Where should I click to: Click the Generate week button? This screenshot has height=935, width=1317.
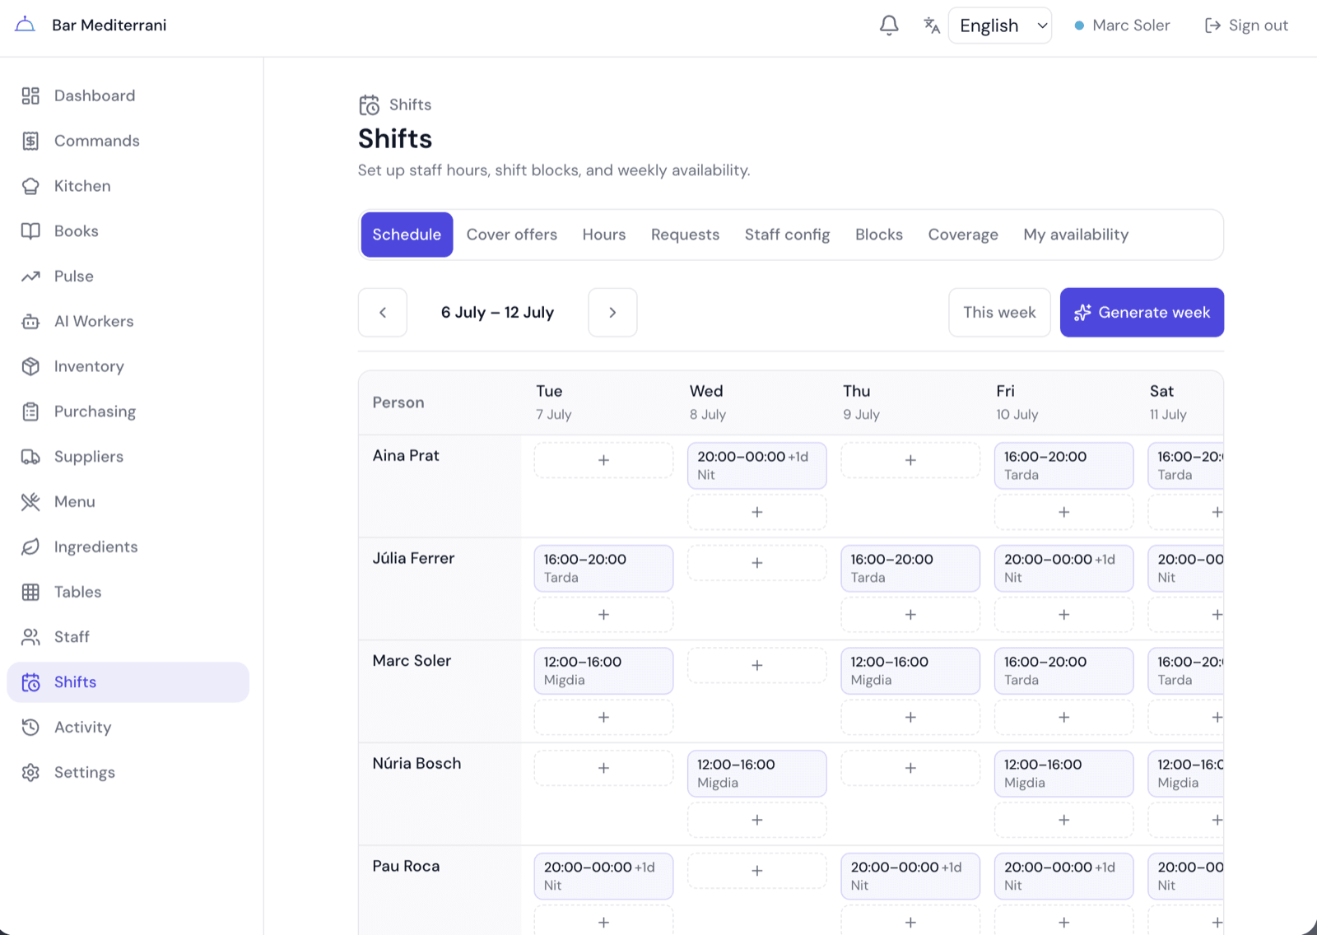(1142, 312)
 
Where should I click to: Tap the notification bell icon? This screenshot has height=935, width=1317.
(889, 26)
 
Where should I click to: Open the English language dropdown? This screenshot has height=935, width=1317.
(999, 26)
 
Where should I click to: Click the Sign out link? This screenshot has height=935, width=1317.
(1246, 26)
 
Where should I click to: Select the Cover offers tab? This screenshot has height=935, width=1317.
(511, 235)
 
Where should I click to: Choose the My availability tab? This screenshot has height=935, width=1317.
(1076, 235)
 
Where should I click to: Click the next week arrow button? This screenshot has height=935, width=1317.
(612, 312)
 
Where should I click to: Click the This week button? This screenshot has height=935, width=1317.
(999, 312)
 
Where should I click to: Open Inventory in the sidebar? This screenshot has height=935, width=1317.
(89, 366)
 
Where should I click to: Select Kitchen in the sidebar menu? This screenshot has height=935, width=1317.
(82, 186)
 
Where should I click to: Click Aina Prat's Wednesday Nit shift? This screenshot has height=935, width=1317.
(756, 465)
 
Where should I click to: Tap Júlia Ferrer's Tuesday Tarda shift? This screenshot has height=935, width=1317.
(603, 568)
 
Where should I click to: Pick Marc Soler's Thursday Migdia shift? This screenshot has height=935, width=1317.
(910, 670)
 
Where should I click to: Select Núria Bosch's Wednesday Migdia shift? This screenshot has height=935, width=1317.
(756, 774)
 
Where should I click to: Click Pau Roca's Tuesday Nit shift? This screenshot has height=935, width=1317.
(603, 876)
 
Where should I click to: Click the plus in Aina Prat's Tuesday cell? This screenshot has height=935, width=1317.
(603, 460)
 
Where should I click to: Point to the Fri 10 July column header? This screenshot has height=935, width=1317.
(1017, 402)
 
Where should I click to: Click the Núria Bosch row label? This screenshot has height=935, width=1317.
(417, 763)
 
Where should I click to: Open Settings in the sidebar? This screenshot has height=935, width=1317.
(85, 772)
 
